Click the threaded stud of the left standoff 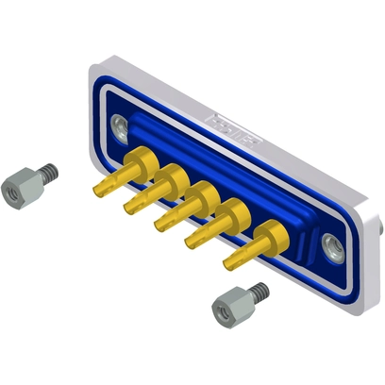47,172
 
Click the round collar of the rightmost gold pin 270,230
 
